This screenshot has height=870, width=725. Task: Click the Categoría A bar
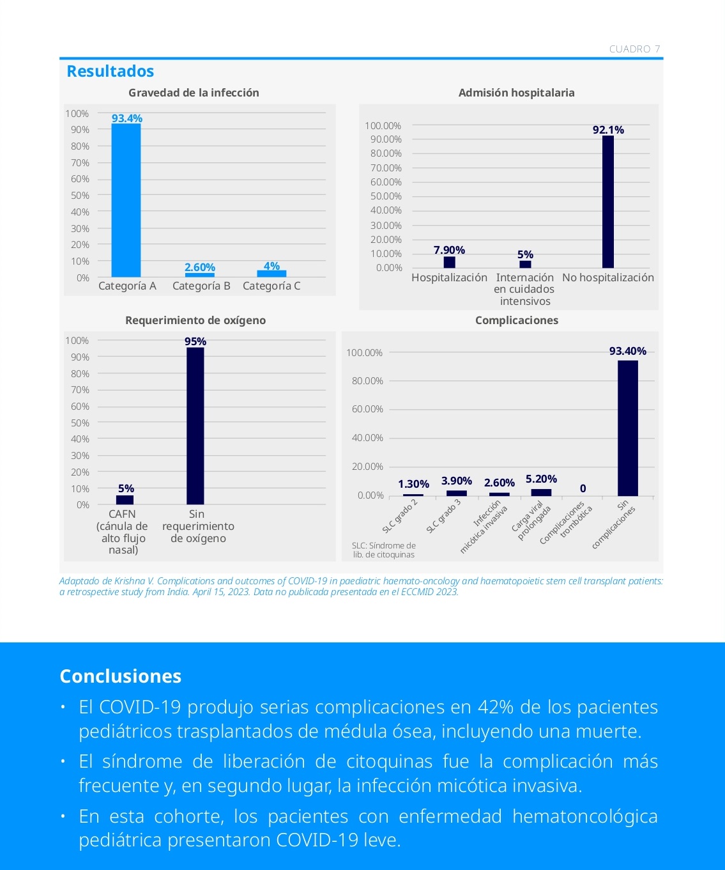[126, 201]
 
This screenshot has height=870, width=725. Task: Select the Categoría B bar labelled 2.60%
[200, 275]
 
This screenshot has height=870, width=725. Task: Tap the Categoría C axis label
[271, 286]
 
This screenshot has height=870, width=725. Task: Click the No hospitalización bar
[608, 201]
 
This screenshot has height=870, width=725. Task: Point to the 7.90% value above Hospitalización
[449, 250]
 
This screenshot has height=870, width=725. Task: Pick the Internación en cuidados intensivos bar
[525, 264]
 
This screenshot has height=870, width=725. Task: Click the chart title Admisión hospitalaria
[516, 93]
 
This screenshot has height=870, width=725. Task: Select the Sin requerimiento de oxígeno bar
[195, 426]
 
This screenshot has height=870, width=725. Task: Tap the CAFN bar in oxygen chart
[125, 500]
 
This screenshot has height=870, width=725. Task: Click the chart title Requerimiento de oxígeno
[195, 320]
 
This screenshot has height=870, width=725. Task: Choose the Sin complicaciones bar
[627, 428]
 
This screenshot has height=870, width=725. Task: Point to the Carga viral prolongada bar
[542, 492]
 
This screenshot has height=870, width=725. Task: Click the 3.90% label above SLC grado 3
[457, 481]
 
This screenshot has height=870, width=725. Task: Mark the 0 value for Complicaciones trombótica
[583, 488]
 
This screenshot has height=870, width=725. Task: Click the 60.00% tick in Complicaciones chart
[367, 409]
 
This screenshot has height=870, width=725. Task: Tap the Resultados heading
[111, 71]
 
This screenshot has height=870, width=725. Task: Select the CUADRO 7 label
[635, 49]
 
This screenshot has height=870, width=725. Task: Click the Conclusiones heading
[121, 676]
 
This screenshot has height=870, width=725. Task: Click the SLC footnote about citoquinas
[383, 550]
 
